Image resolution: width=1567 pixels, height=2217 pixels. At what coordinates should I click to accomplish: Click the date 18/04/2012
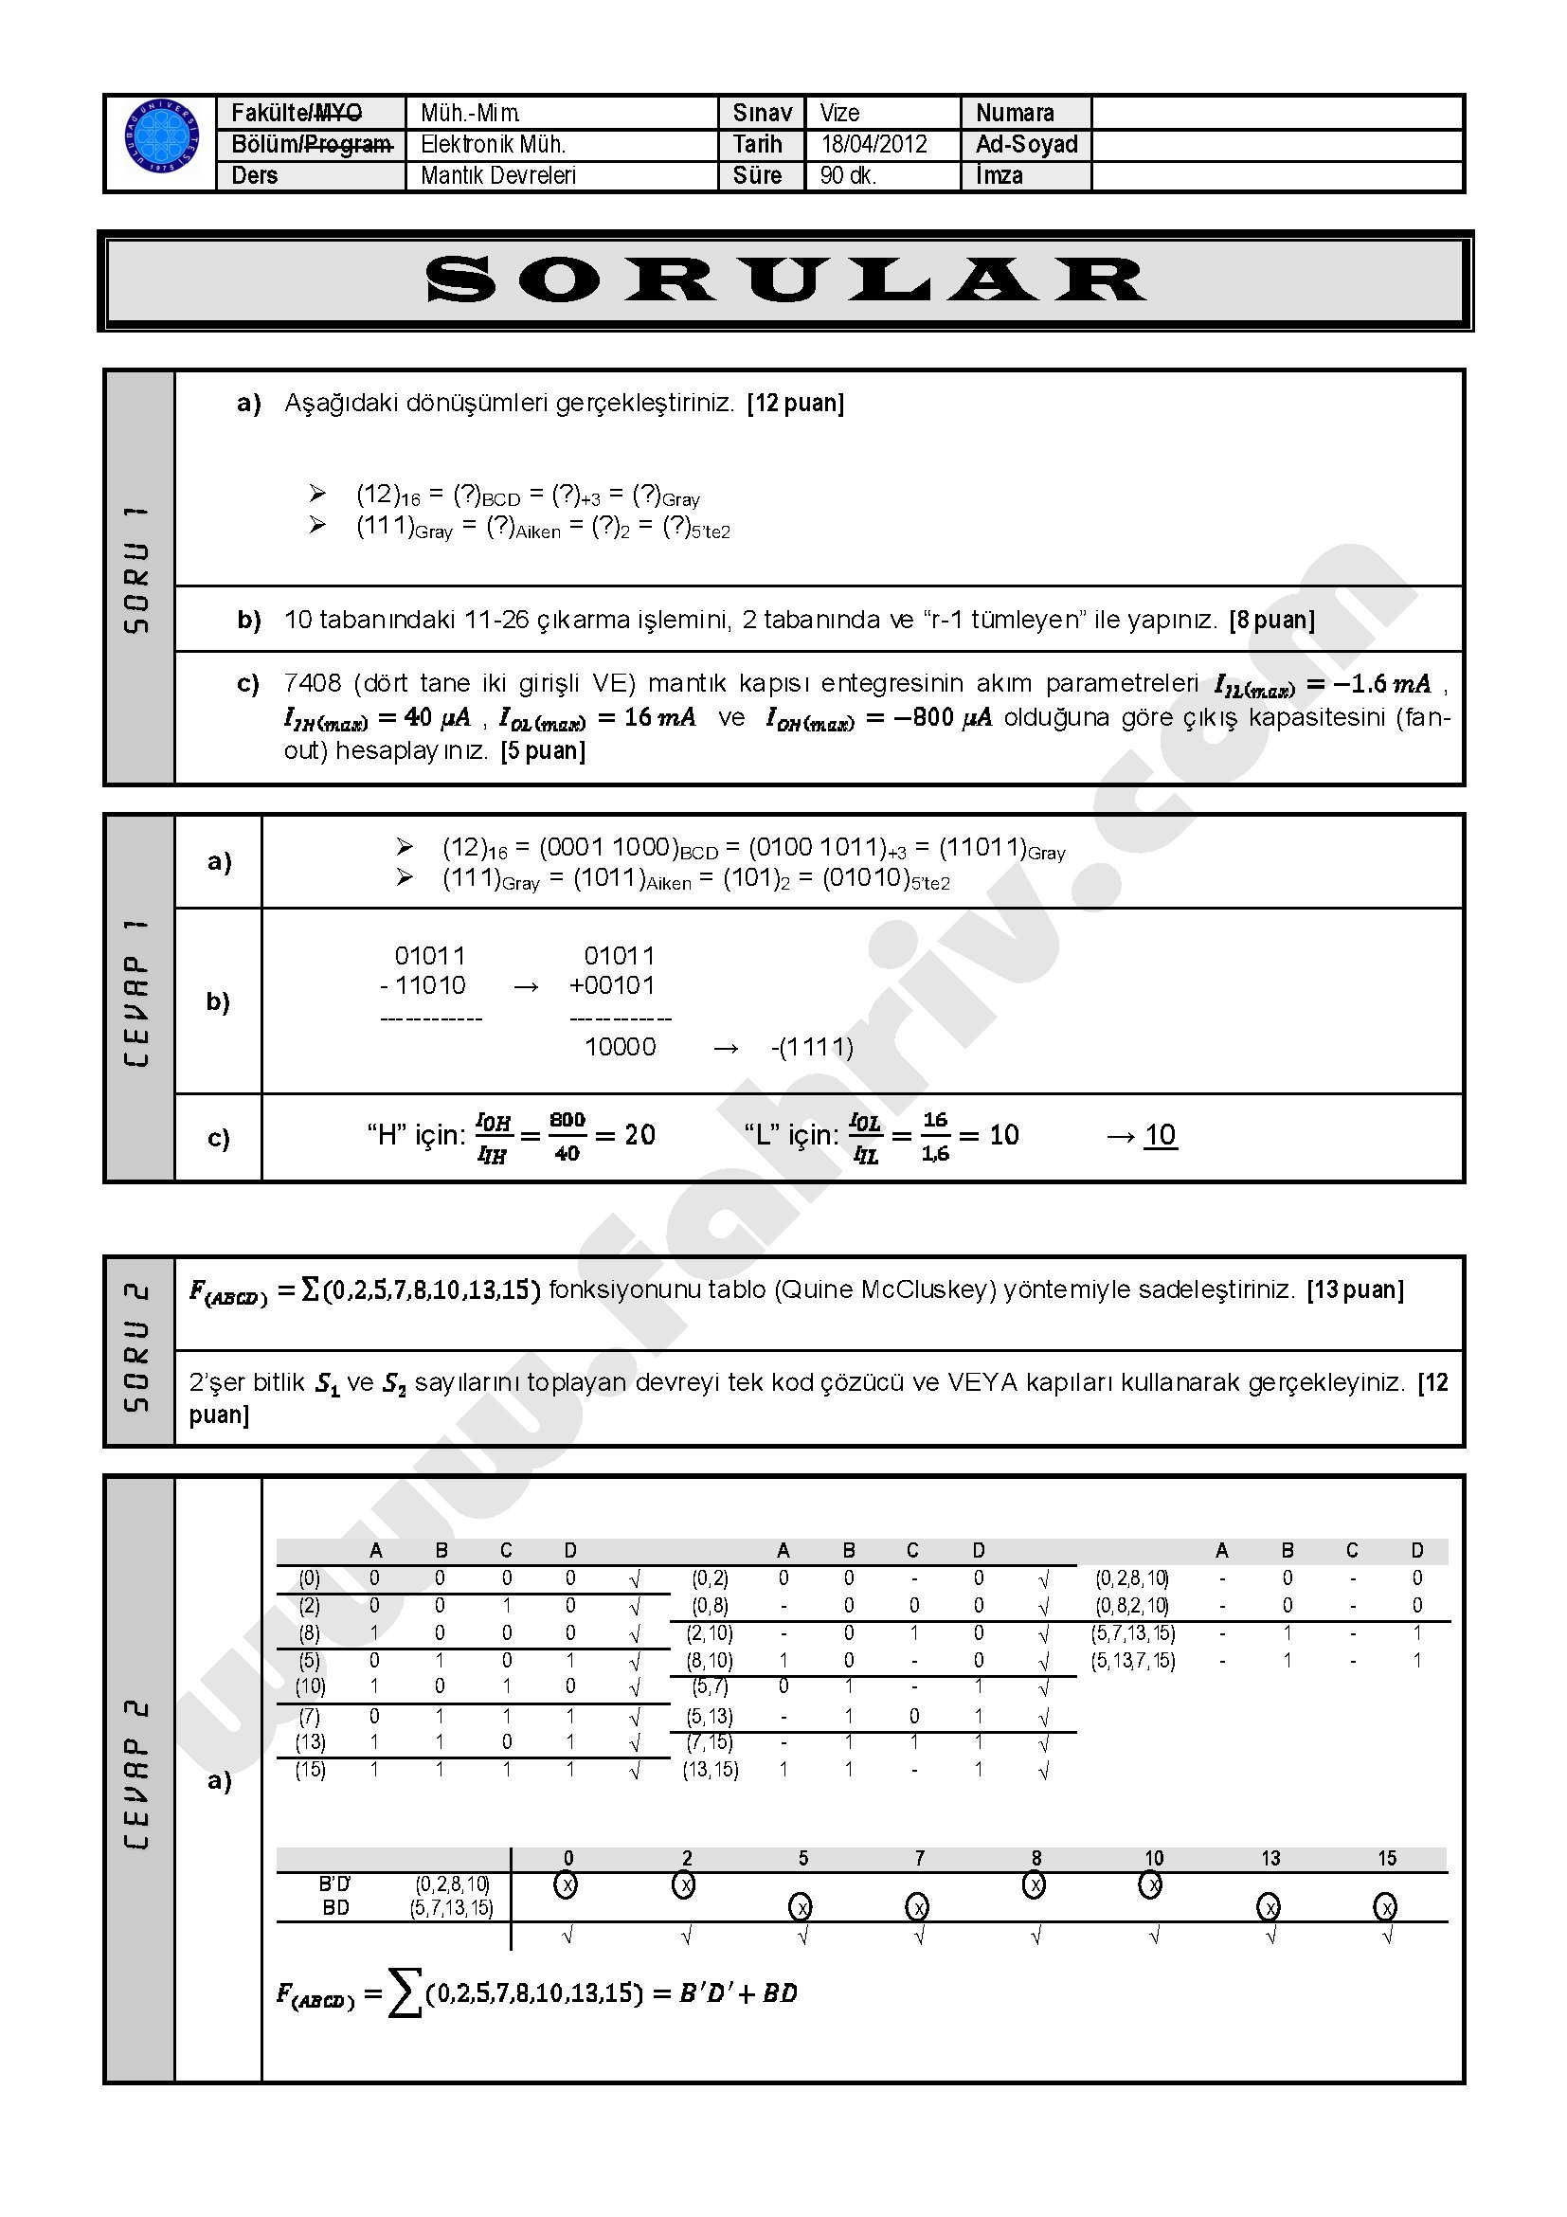click(x=873, y=145)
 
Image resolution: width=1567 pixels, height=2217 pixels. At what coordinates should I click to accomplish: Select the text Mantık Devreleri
click(x=498, y=175)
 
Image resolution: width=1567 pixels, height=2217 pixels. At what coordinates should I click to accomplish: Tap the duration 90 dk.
click(x=848, y=175)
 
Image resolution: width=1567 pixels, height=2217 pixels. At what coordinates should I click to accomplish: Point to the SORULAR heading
click(x=785, y=280)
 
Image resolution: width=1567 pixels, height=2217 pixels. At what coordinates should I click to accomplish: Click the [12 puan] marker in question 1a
click(x=796, y=404)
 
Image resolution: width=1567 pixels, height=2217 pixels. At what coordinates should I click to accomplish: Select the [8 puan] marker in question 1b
click(x=1271, y=620)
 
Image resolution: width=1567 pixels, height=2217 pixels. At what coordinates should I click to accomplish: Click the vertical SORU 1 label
click(x=139, y=569)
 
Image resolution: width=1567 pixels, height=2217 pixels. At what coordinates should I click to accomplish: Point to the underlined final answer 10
click(x=1160, y=1135)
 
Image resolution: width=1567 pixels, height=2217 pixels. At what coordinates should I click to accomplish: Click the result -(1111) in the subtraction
click(x=812, y=1048)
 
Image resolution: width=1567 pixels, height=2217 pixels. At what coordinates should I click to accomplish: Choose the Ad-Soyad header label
click(x=1026, y=145)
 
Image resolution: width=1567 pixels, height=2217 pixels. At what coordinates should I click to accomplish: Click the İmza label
click(x=1000, y=175)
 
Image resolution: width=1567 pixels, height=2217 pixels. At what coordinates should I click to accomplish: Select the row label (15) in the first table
click(x=310, y=1770)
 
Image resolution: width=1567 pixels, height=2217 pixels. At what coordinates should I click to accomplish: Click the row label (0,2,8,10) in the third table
click(x=1131, y=1578)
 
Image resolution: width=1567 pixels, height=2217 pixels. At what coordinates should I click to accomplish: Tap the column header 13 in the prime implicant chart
click(x=1270, y=1858)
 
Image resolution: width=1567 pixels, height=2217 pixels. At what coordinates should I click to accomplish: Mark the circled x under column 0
click(x=567, y=1884)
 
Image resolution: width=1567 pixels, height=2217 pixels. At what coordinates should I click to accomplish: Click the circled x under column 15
click(x=1385, y=1907)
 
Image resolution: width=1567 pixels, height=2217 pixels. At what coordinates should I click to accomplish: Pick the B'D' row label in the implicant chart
click(x=335, y=1884)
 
